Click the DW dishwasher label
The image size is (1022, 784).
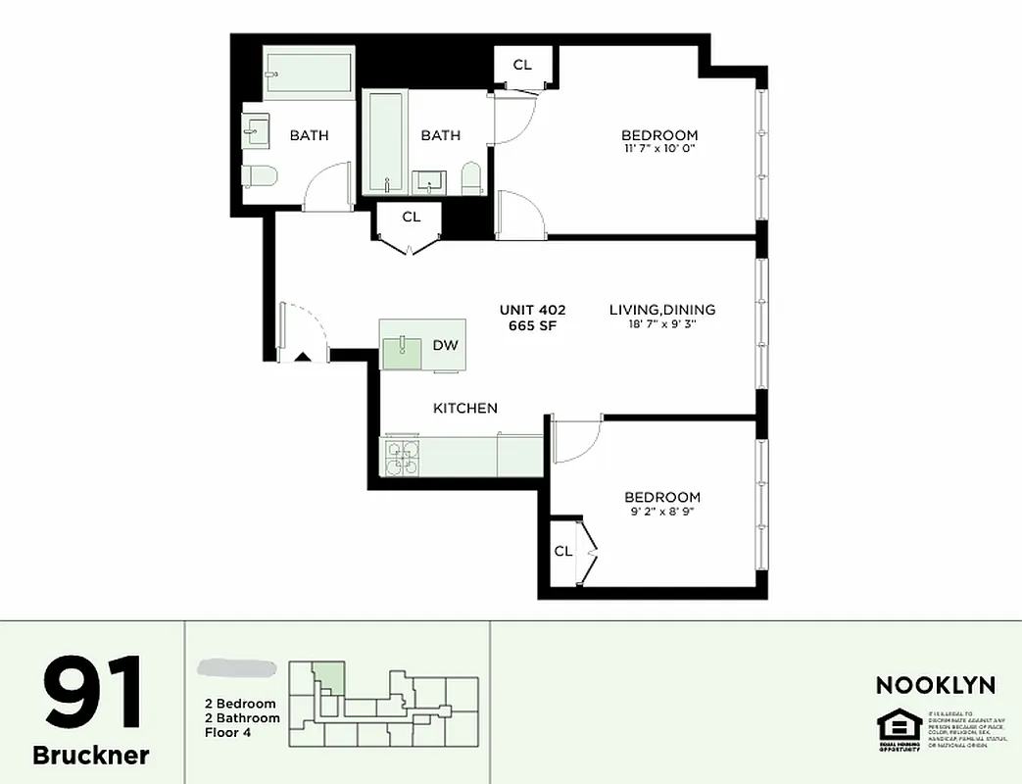(x=445, y=345)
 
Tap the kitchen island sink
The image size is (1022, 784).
(x=403, y=346)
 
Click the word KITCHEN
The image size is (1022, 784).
(x=465, y=408)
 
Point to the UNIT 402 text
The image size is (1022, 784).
(x=532, y=310)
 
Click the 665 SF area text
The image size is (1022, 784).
(x=532, y=326)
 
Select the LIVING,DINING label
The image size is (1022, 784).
(x=662, y=310)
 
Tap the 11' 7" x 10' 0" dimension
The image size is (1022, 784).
(x=659, y=149)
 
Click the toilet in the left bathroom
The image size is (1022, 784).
(x=261, y=176)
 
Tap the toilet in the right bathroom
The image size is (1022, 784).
(x=471, y=177)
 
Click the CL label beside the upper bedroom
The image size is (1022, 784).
(x=522, y=65)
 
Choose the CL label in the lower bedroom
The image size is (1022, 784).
(x=563, y=551)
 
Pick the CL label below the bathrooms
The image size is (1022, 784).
(x=412, y=217)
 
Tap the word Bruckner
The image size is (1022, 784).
(x=91, y=755)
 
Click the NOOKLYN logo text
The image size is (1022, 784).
(x=935, y=685)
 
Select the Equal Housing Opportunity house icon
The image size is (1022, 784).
(x=894, y=728)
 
